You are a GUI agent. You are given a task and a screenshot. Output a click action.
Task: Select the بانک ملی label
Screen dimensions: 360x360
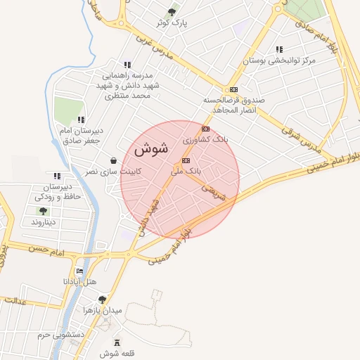(x=186, y=171)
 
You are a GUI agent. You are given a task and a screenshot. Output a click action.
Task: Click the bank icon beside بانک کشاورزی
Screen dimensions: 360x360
(x=205, y=129)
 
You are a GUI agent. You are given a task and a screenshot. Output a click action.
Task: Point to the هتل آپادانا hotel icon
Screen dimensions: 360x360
(x=79, y=271)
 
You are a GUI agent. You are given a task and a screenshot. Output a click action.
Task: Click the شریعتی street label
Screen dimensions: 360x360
(x=213, y=193)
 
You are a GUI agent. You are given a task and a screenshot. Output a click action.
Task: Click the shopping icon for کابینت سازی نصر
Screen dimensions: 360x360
(x=114, y=160)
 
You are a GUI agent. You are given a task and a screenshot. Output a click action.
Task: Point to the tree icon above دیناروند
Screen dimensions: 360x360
(x=44, y=210)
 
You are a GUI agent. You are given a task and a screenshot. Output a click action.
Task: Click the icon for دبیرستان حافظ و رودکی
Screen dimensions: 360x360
(x=57, y=176)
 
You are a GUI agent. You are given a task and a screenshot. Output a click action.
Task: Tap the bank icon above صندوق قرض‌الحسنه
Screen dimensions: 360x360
(x=233, y=89)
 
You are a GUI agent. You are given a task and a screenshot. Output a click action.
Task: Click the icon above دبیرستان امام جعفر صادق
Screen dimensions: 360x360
(x=81, y=120)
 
